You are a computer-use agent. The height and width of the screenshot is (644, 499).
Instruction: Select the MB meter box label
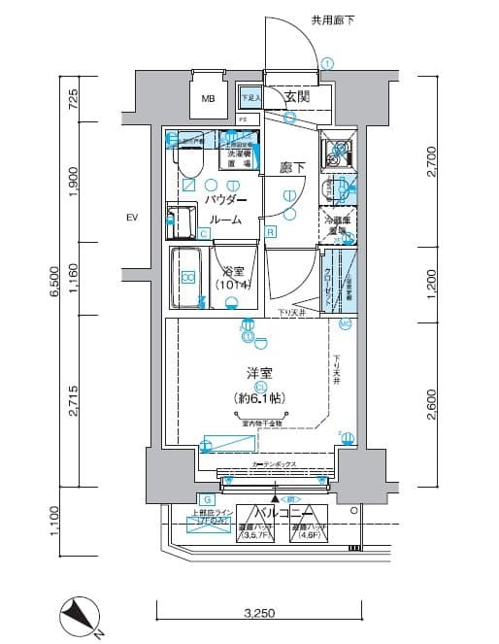208,99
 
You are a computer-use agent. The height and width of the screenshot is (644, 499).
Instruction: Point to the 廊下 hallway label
292,167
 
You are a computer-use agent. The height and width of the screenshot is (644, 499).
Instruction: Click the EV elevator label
132,218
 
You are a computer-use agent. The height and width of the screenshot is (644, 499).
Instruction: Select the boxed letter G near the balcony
182,498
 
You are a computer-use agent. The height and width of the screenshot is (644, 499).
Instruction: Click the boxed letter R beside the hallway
271,231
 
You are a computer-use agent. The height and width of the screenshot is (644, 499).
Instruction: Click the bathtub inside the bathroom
189,278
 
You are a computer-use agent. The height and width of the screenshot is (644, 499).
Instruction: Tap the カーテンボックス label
274,465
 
